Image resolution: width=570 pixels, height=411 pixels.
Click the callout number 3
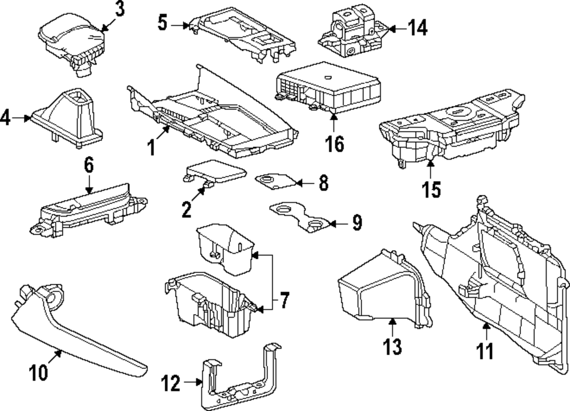[x=119, y=9]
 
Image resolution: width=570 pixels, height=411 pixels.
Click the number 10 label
[x=39, y=373]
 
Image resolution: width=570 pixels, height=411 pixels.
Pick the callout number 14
[x=418, y=27]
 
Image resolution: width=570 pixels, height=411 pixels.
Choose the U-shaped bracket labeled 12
[x=239, y=382]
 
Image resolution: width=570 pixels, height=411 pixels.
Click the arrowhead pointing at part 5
[x=189, y=25]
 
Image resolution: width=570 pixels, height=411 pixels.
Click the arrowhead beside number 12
[x=200, y=383]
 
